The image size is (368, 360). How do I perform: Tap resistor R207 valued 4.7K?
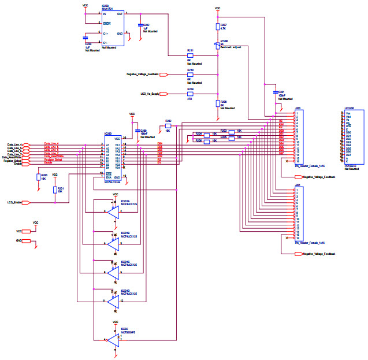[x=218, y=26]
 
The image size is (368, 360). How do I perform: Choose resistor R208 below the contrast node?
[x=218, y=103]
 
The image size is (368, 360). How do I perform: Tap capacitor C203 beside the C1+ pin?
[x=86, y=38]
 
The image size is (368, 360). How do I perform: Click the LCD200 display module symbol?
[x=353, y=137]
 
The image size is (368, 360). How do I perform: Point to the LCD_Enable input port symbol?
[x=32, y=202]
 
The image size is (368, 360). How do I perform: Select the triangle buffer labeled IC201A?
[x=112, y=211]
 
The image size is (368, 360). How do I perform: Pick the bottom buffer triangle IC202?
[x=112, y=340]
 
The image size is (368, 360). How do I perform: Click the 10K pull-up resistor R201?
[x=55, y=190]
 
